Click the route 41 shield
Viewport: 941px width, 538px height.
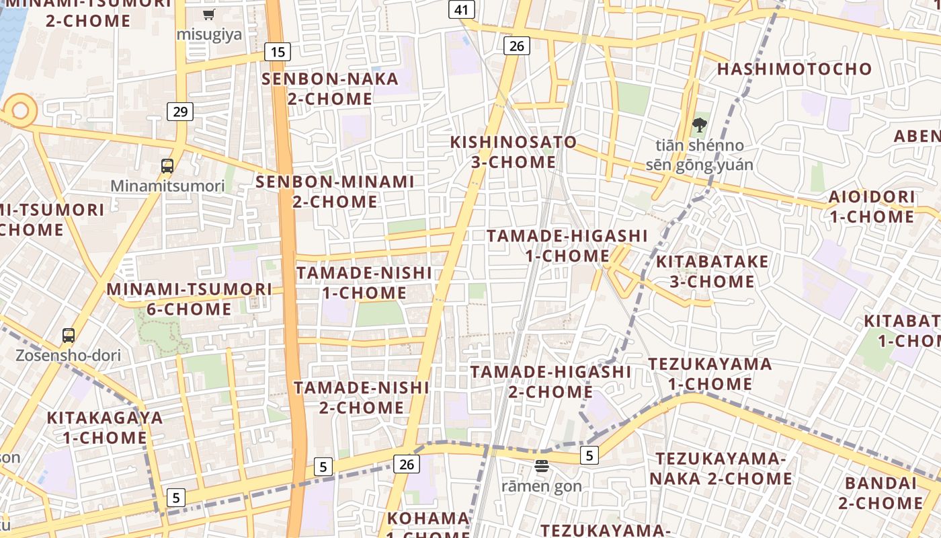(x=461, y=9)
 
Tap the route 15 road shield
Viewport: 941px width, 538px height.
(x=277, y=51)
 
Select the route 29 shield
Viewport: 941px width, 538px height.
(x=180, y=112)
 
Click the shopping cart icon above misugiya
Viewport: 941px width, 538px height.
(x=209, y=14)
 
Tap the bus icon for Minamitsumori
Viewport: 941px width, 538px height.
(x=167, y=165)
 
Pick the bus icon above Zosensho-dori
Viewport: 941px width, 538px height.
(x=68, y=335)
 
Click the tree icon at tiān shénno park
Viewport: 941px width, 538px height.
(x=699, y=124)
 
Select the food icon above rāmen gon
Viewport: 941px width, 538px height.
(x=542, y=465)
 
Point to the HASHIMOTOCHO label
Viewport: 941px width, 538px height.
(x=794, y=69)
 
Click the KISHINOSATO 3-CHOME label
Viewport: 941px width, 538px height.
(x=514, y=152)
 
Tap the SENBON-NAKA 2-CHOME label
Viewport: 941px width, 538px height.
(x=330, y=89)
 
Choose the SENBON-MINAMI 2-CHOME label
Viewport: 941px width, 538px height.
(x=335, y=192)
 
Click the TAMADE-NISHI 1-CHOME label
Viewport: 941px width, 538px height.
(x=364, y=282)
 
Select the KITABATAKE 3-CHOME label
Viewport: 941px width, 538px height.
(x=712, y=271)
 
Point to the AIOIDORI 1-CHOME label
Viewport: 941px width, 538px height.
(x=872, y=207)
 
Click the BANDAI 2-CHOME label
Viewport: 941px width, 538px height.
(x=881, y=493)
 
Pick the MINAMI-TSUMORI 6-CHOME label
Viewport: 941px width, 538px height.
(x=190, y=299)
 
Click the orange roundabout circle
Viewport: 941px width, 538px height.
(x=20, y=110)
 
